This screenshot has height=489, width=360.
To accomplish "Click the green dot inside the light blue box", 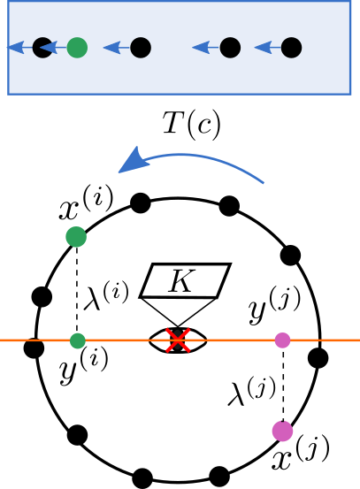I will pos(77,48).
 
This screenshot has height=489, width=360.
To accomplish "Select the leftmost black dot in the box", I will pos(42,48).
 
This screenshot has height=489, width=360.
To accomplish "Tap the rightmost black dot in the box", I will pos(291,48).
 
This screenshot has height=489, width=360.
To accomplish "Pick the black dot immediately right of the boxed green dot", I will pos(141,48).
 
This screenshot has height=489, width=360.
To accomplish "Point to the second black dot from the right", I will pos(230,48).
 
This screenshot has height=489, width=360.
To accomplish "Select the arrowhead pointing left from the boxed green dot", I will pos(49,47).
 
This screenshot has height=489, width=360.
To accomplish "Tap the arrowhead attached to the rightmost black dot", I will pos(263,47).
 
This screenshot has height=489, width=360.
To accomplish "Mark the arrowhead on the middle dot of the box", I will pos(111,47).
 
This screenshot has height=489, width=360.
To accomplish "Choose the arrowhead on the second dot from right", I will pos(201,47).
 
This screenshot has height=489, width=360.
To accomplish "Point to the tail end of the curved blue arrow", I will pos(263,182).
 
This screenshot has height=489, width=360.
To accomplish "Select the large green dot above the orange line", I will pos(76,237).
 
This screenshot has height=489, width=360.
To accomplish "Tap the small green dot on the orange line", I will pos(78,340).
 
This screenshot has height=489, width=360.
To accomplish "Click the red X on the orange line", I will pos(178,340).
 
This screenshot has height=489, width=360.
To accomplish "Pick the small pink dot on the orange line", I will pos(282,340).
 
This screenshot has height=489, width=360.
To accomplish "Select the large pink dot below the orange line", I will pos(282,431).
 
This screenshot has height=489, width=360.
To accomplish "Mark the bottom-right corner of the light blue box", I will pos(350,93).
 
